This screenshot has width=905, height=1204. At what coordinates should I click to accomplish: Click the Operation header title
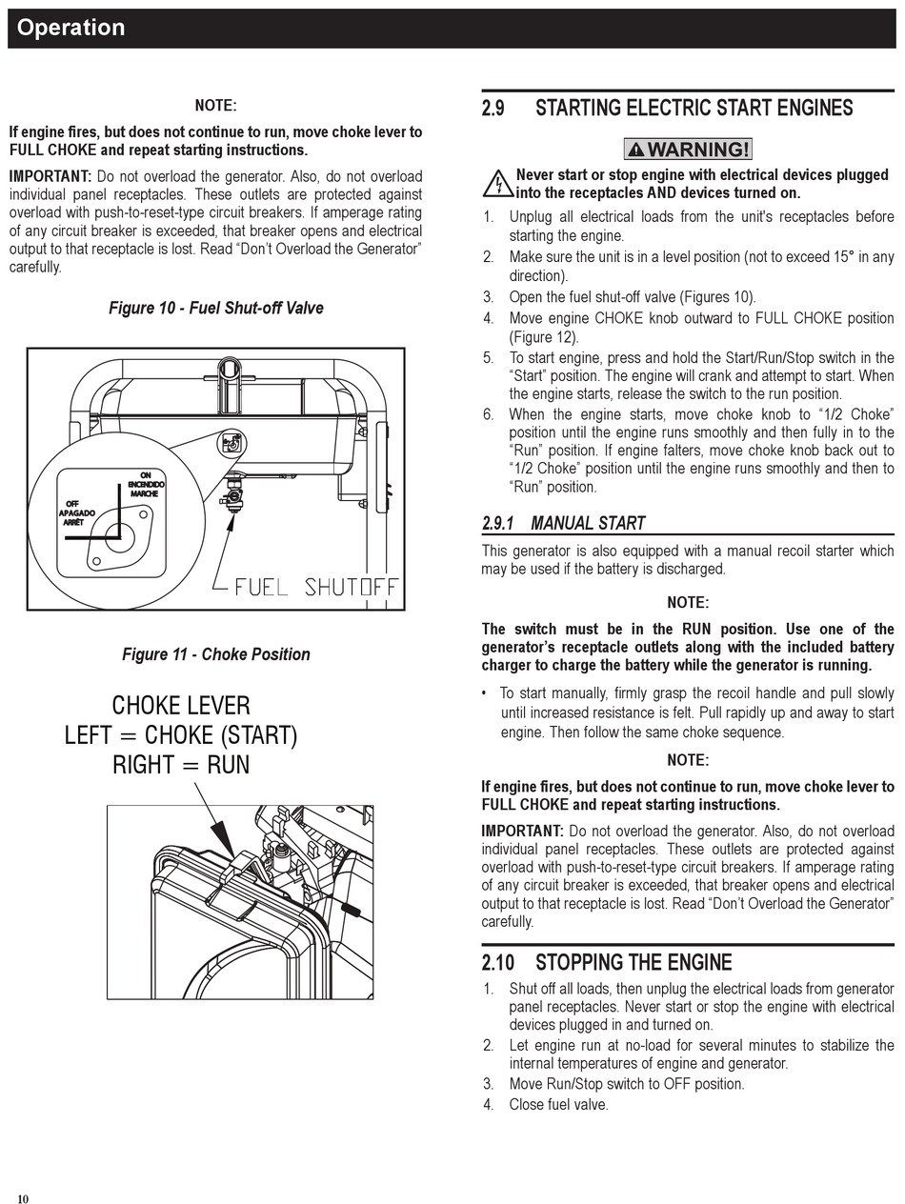[70, 28]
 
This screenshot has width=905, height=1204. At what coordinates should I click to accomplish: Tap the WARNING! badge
[688, 150]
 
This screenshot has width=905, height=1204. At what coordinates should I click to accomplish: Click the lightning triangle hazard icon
[496, 183]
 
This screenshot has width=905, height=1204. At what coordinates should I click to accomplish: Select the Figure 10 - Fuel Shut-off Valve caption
[215, 308]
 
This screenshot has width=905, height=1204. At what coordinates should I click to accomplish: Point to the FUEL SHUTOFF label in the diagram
[315, 587]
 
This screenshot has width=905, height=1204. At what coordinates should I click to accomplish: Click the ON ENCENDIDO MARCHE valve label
[145, 484]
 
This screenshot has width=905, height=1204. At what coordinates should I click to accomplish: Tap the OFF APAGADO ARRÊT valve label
[76, 512]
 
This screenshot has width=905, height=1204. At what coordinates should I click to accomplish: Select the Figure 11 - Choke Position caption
[215, 654]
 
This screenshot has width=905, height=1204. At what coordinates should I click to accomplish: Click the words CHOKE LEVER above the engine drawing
[181, 706]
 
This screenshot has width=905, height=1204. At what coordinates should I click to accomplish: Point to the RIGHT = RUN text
[181, 765]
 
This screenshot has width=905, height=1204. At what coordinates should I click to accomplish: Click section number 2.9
[493, 109]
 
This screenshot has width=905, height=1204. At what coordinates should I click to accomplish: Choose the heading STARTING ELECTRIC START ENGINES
[694, 109]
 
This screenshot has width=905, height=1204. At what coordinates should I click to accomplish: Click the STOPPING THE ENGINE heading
[633, 962]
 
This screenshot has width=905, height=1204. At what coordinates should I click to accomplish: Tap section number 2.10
[497, 962]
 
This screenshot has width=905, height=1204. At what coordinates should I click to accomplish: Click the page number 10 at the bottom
[23, 1198]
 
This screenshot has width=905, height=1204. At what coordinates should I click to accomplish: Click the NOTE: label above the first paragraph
[215, 106]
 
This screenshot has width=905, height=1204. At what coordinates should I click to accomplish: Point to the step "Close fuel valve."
[558, 1104]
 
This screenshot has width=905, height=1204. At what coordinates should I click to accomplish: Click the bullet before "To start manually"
[485, 693]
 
